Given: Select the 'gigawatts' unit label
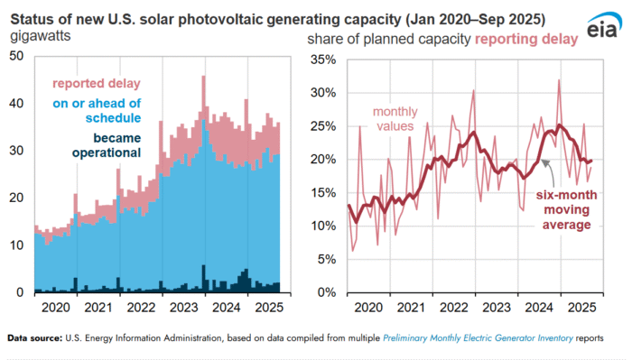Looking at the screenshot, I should pos(42,36).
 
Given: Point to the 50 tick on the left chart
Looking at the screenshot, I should pos(16,56).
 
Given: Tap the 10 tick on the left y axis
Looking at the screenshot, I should pos(16,245).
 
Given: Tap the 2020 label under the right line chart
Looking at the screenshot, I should pos(370,309).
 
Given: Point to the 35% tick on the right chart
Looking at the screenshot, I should pos(322,60).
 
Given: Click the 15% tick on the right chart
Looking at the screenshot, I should pos(322,192).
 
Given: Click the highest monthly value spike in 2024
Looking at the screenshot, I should pos(560,80).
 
